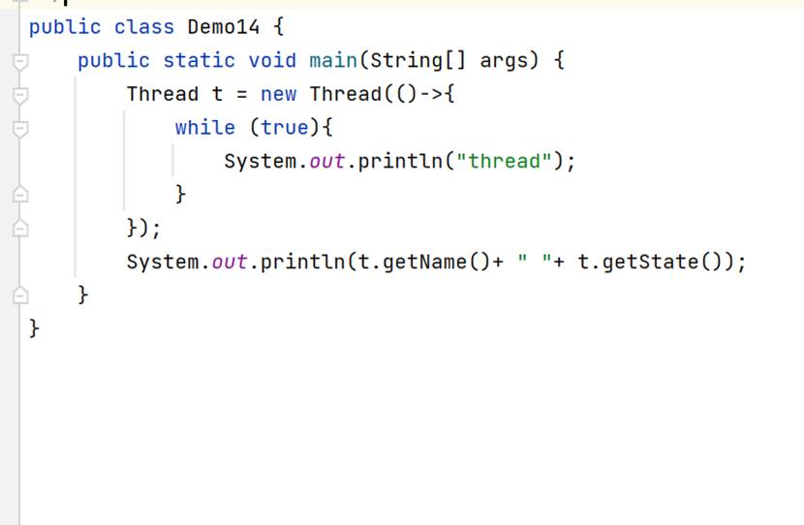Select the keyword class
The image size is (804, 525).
pyautogui.click(x=143, y=27)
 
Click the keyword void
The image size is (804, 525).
pyautogui.click(x=272, y=60)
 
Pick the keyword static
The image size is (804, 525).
pyautogui.click(x=199, y=60)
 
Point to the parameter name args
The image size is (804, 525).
pyautogui.click(x=504, y=60)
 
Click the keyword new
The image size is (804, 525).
pyautogui.click(x=278, y=94)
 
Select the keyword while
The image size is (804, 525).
pyautogui.click(x=204, y=128)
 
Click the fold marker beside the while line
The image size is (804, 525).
pyautogui.click(x=17, y=128)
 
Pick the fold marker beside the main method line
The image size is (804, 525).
pyautogui.click(x=17, y=61)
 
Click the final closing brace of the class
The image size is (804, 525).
pyautogui.click(x=34, y=329)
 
